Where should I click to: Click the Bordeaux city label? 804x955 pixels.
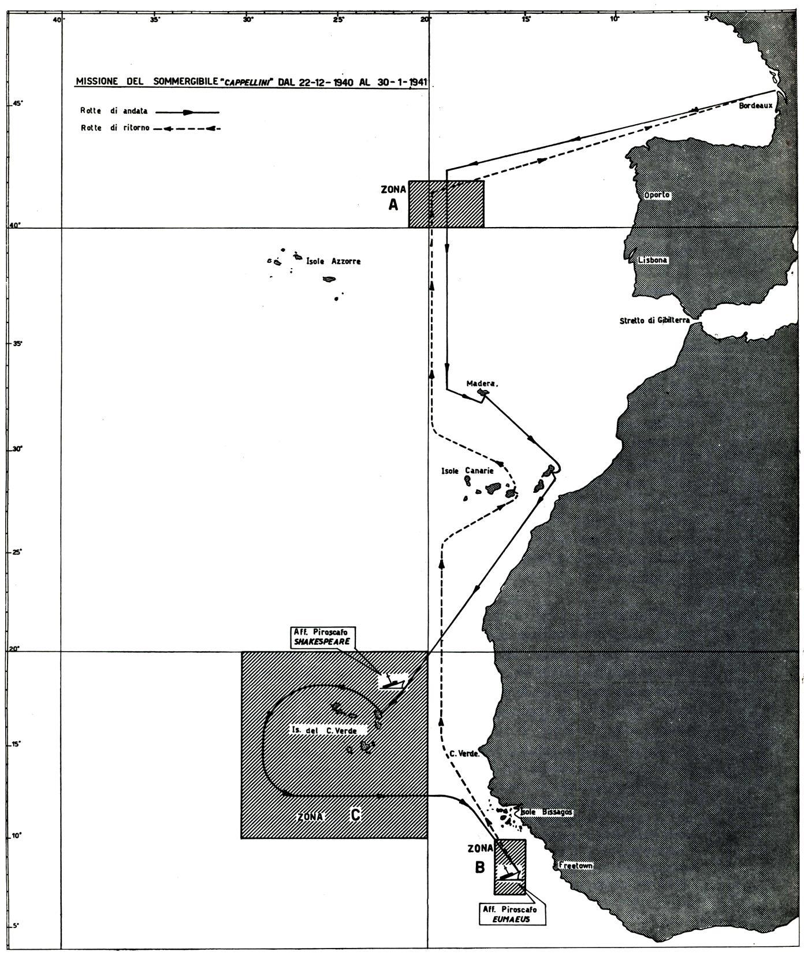755,106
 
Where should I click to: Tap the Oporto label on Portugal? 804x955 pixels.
656,195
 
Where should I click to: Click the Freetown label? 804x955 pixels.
575,865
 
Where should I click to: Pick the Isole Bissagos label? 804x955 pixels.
546,812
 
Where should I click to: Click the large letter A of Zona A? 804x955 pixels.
393,205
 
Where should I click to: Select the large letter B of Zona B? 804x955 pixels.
480,867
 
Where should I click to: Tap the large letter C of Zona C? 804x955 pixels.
356,815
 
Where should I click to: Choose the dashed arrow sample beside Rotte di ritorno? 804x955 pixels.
188,128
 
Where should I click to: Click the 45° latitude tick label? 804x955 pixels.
18,104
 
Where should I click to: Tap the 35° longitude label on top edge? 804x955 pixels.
154,20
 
